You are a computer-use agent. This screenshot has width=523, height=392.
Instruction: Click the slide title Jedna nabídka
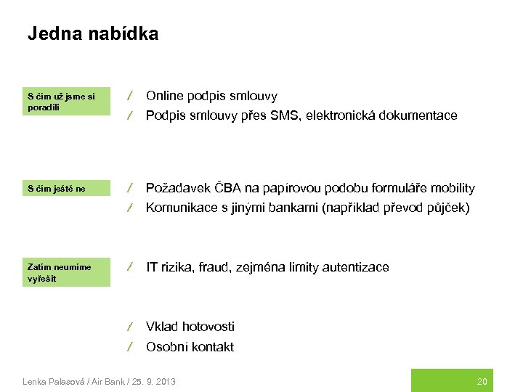point(92,34)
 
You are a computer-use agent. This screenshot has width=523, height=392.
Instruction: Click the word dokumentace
point(421,115)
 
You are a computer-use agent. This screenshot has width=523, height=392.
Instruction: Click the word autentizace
point(356,268)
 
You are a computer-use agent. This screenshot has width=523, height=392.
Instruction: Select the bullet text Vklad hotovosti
point(190,327)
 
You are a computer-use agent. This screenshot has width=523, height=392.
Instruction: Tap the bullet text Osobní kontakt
point(190,347)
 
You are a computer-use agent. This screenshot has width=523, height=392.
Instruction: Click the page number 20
point(482,381)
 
